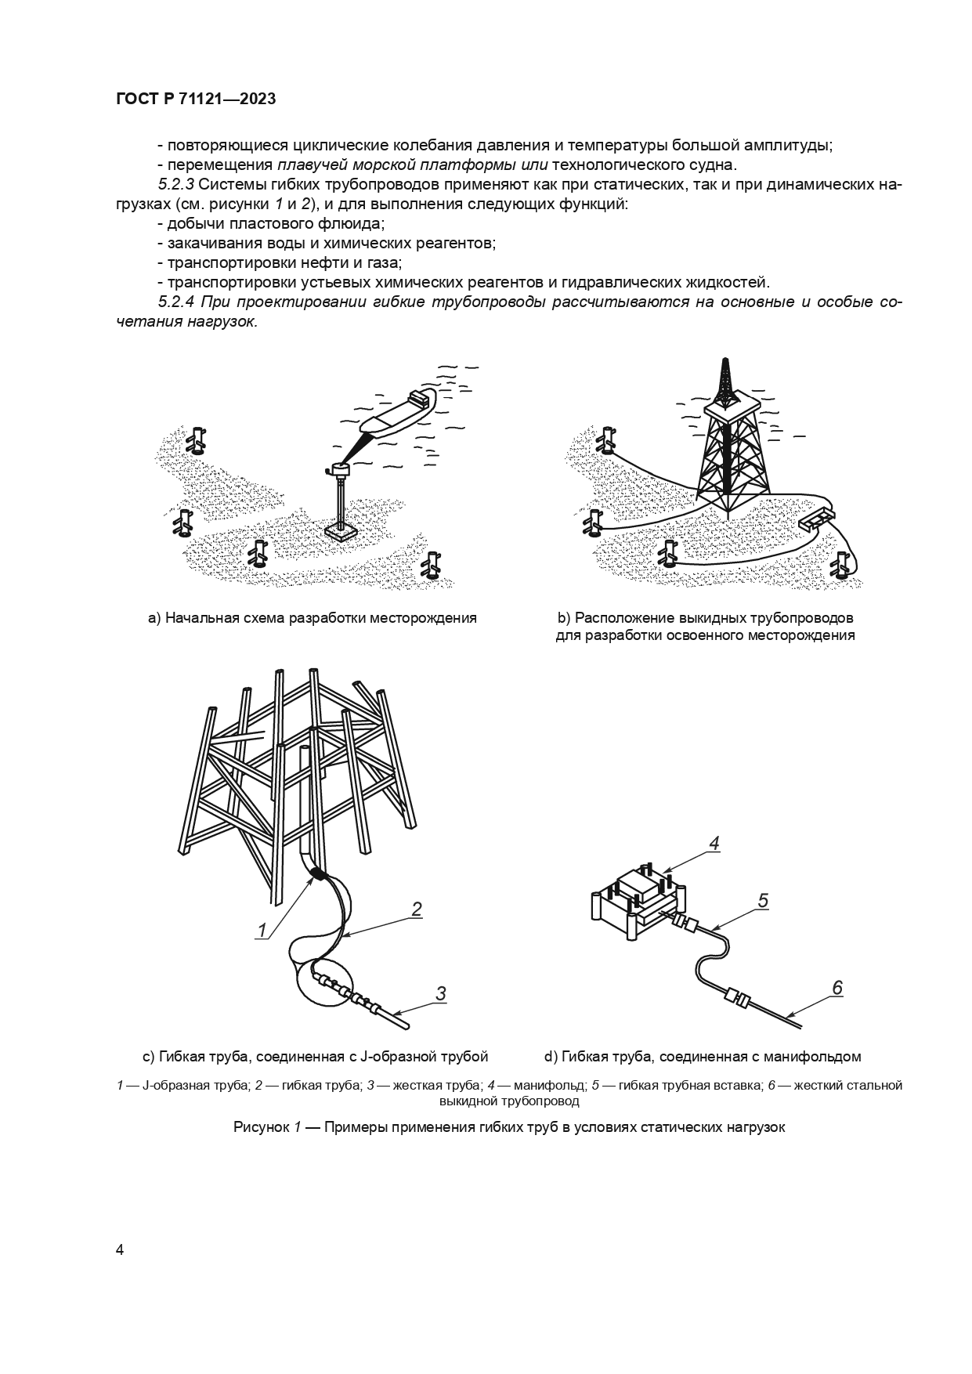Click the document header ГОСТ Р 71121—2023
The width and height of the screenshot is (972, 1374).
(x=195, y=99)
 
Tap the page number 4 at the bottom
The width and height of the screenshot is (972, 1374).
(x=120, y=1249)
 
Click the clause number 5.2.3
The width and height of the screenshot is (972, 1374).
(x=176, y=185)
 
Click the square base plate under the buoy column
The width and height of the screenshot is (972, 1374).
(x=341, y=532)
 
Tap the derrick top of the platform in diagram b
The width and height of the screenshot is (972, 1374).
(x=726, y=384)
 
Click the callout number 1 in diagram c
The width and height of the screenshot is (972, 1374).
(x=262, y=930)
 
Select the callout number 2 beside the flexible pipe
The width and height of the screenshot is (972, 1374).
(x=417, y=909)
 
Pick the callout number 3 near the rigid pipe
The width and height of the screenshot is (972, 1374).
(x=440, y=993)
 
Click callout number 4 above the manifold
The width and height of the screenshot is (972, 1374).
(x=714, y=843)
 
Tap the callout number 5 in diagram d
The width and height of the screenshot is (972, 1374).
(x=763, y=901)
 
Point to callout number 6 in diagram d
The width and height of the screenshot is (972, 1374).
(x=836, y=988)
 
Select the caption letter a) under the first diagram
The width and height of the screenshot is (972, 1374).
(x=154, y=618)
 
